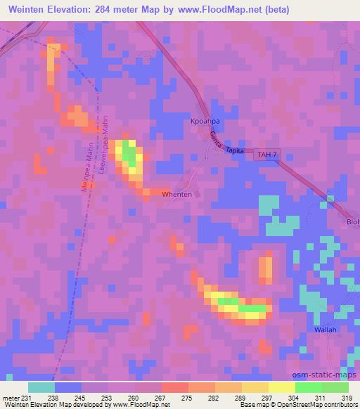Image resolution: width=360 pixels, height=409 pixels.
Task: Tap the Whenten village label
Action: coord(176,194)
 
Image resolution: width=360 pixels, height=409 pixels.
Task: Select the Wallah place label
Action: coord(326,329)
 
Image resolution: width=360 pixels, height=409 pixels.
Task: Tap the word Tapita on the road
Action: coord(236,150)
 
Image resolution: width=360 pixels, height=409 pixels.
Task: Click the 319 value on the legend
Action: coord(347,398)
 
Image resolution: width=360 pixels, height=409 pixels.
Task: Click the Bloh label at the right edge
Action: coord(353,222)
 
